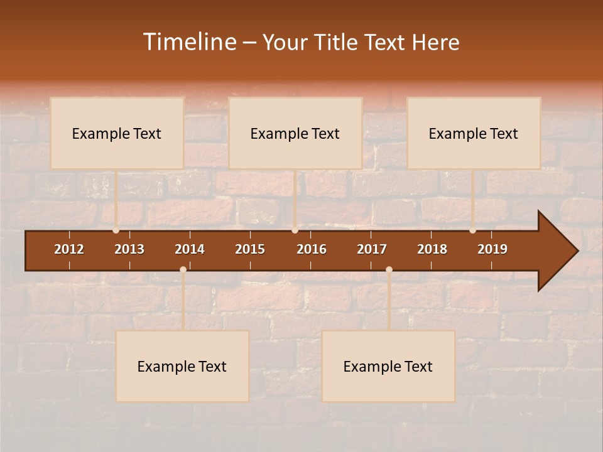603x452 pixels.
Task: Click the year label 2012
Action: (69, 249)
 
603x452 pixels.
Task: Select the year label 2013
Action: (129, 249)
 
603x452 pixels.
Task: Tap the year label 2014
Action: (190, 249)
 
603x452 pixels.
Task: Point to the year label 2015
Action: (250, 249)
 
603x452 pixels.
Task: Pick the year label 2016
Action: (312, 249)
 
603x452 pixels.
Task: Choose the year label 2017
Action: (372, 249)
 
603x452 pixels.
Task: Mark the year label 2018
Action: (432, 249)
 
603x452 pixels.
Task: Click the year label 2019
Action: (492, 249)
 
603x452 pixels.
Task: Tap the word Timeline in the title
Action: (190, 42)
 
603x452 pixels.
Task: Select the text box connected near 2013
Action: (117, 133)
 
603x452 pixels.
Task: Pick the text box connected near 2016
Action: (295, 133)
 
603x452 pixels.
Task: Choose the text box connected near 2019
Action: (474, 133)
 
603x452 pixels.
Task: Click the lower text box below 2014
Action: (182, 366)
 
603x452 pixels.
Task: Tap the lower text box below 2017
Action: (388, 366)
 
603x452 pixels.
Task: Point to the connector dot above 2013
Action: (116, 230)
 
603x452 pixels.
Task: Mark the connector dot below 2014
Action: (183, 270)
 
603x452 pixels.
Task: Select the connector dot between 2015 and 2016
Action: (295, 230)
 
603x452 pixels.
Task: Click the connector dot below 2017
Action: (389, 270)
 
